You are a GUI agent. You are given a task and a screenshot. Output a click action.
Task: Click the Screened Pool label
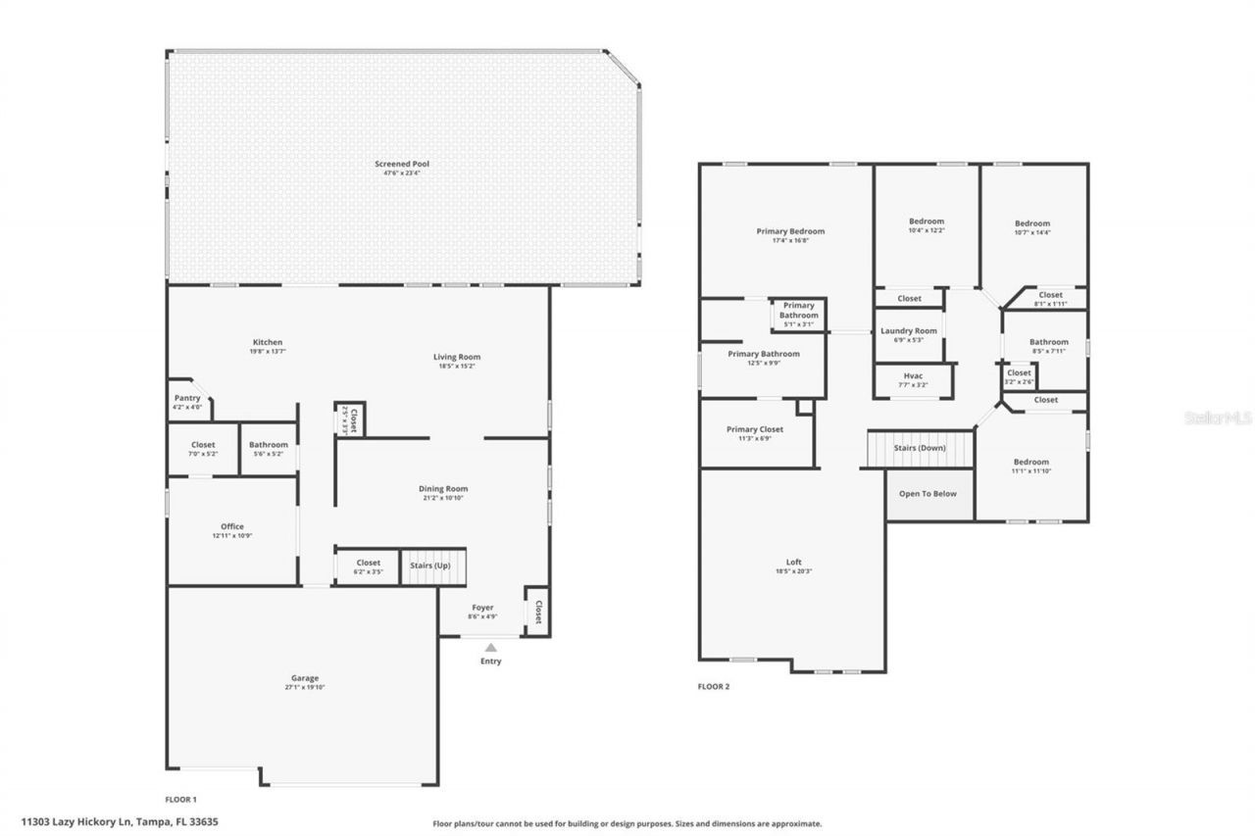402,164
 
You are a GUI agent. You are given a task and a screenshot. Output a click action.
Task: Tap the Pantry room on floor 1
186,402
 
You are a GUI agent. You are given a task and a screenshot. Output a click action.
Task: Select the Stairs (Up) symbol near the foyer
431,566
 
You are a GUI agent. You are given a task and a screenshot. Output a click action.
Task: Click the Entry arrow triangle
491,647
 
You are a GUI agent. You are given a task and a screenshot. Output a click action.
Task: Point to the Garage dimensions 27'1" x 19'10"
304,688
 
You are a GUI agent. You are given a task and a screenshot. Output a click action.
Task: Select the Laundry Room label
908,331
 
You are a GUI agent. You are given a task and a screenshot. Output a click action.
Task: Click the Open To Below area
928,494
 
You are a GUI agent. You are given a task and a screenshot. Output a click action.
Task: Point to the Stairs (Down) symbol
920,449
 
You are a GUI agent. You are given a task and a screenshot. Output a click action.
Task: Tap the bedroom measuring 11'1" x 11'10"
1030,467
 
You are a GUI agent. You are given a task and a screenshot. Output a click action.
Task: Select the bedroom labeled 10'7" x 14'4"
1031,227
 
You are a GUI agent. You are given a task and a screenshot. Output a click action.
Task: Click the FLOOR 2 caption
714,687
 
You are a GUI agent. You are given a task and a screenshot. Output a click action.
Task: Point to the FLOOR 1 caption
180,799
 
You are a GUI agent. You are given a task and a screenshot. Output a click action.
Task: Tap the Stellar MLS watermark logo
1217,418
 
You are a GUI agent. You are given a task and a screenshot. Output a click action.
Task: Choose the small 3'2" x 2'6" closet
1019,376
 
